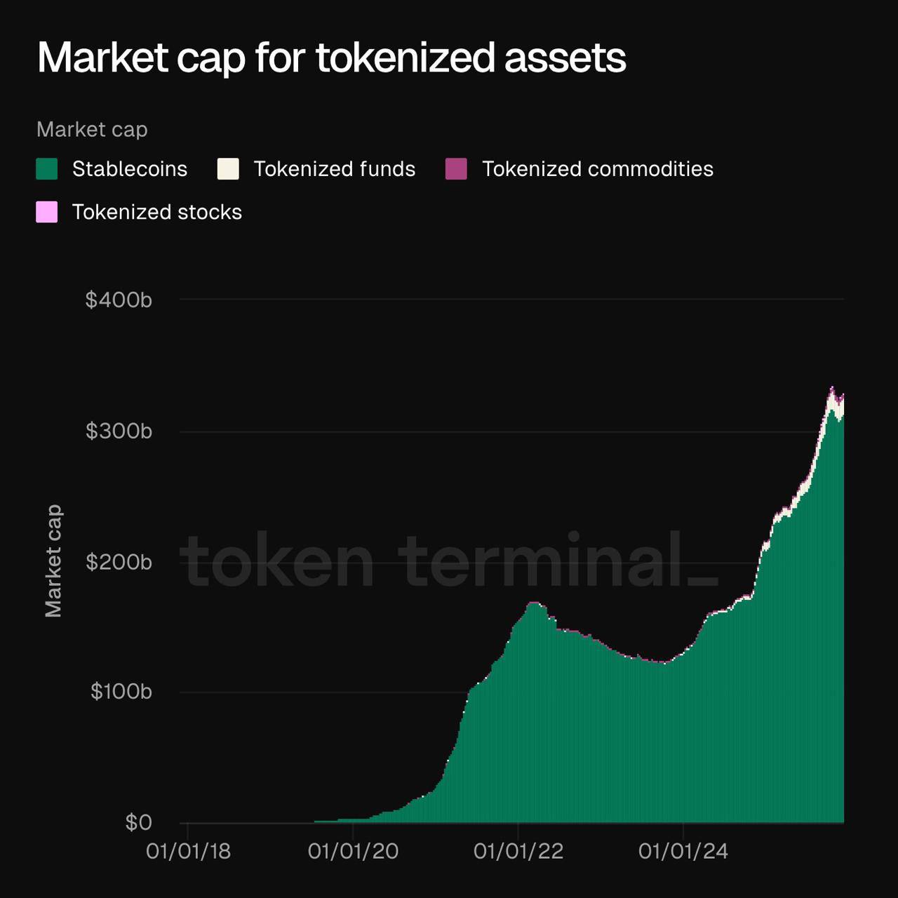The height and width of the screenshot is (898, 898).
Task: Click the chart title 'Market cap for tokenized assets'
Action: click(331, 58)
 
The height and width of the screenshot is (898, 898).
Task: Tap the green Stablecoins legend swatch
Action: click(47, 169)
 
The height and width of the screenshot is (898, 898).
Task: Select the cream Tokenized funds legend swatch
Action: click(228, 169)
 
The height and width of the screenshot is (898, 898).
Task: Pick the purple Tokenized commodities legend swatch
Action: click(456, 169)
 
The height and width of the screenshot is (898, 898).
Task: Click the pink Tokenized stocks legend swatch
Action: click(47, 212)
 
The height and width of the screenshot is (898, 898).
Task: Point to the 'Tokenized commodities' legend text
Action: click(597, 169)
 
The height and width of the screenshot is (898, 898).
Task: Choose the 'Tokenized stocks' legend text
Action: click(156, 212)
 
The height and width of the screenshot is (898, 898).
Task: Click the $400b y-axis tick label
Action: click(119, 300)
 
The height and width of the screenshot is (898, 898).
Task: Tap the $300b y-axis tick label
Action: click(119, 431)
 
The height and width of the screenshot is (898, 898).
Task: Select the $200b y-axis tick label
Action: click(119, 562)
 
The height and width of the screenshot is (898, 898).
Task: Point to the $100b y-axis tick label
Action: click(121, 692)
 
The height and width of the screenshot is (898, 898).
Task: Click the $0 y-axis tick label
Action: click(138, 822)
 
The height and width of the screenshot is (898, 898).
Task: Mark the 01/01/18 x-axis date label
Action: click(188, 852)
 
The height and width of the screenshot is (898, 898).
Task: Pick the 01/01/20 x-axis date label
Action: click(353, 852)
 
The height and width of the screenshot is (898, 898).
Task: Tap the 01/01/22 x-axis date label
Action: click(518, 852)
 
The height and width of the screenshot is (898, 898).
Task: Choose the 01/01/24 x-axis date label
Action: click(683, 852)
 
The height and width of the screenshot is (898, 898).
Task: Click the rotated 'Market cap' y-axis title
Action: click(53, 561)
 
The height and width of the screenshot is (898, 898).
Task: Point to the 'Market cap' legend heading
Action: click(92, 130)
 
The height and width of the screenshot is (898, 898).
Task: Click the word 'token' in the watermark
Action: click(277, 561)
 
